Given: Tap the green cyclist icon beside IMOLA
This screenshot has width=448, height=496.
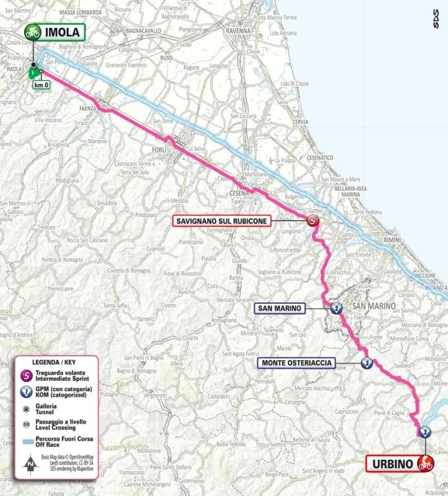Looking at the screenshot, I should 32,32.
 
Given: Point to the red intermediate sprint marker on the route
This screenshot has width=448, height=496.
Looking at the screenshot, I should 314,221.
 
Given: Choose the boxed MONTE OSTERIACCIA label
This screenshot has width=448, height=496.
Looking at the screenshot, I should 298,363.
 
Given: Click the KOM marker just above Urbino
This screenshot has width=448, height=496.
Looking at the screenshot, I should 424,432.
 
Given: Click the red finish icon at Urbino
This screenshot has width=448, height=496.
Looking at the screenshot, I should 425,463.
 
